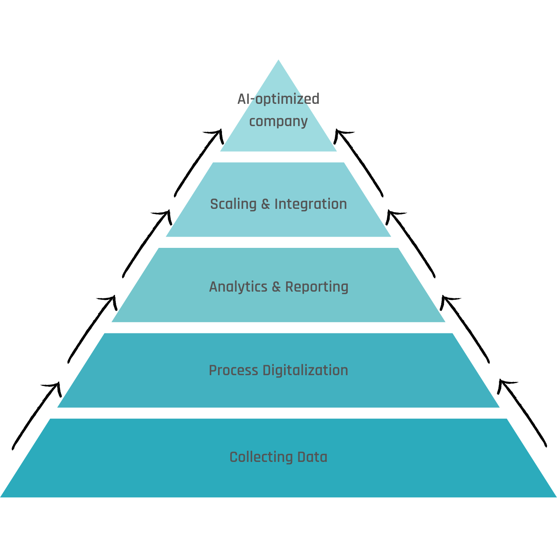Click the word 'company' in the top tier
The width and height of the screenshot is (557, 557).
pos(278,122)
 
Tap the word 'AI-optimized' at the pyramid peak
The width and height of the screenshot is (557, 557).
pos(278,99)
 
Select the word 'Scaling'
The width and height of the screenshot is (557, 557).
pos(233,204)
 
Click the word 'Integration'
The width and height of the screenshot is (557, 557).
pos(311,204)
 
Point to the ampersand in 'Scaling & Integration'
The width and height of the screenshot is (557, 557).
pos(265,204)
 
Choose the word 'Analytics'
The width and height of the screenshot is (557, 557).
pos(238,287)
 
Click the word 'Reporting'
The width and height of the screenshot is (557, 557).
pos(317,287)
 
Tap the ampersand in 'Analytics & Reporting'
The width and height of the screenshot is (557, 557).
pos(276,287)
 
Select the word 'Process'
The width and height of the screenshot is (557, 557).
pos(234,370)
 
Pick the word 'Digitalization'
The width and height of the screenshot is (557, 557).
pos(306,370)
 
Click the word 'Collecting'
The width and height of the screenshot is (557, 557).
pos(261,457)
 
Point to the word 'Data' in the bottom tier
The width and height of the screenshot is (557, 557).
pos(312,457)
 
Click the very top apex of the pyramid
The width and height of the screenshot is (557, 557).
pos(278,61)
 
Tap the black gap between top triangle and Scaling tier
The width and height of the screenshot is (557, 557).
pos(278,157)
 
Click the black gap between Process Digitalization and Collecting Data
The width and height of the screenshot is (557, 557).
pos(278,413)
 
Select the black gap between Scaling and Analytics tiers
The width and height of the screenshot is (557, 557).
pos(278,242)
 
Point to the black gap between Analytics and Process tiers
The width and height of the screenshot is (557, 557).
pos(278,327)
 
